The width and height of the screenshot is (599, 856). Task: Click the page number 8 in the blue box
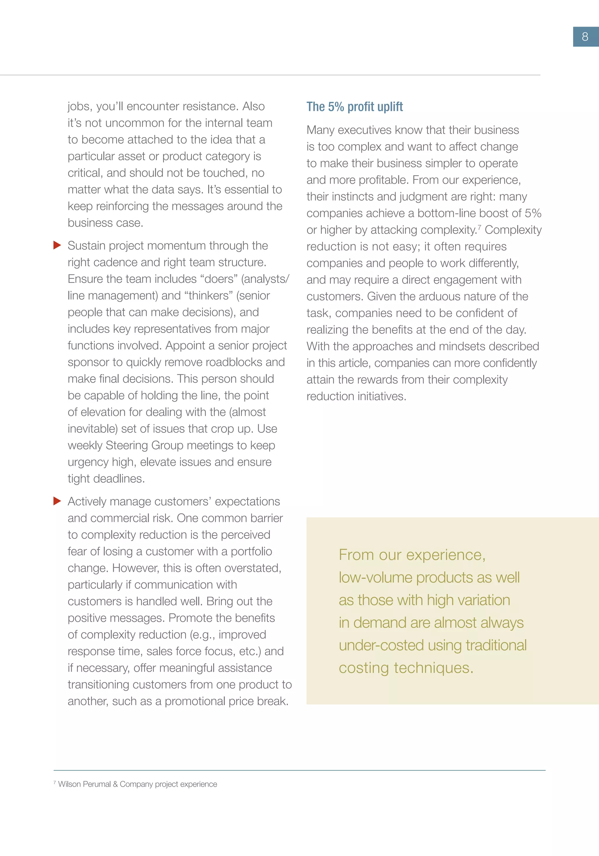click(x=585, y=37)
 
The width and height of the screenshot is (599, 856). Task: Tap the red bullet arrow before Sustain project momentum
click(x=57, y=245)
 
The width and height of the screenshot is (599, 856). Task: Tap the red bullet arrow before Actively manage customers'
click(x=57, y=501)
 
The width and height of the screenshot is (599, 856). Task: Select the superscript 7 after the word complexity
click(x=479, y=227)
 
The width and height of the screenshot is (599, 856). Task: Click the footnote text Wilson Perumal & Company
click(x=137, y=784)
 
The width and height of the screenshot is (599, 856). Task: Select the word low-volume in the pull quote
click(x=375, y=577)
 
